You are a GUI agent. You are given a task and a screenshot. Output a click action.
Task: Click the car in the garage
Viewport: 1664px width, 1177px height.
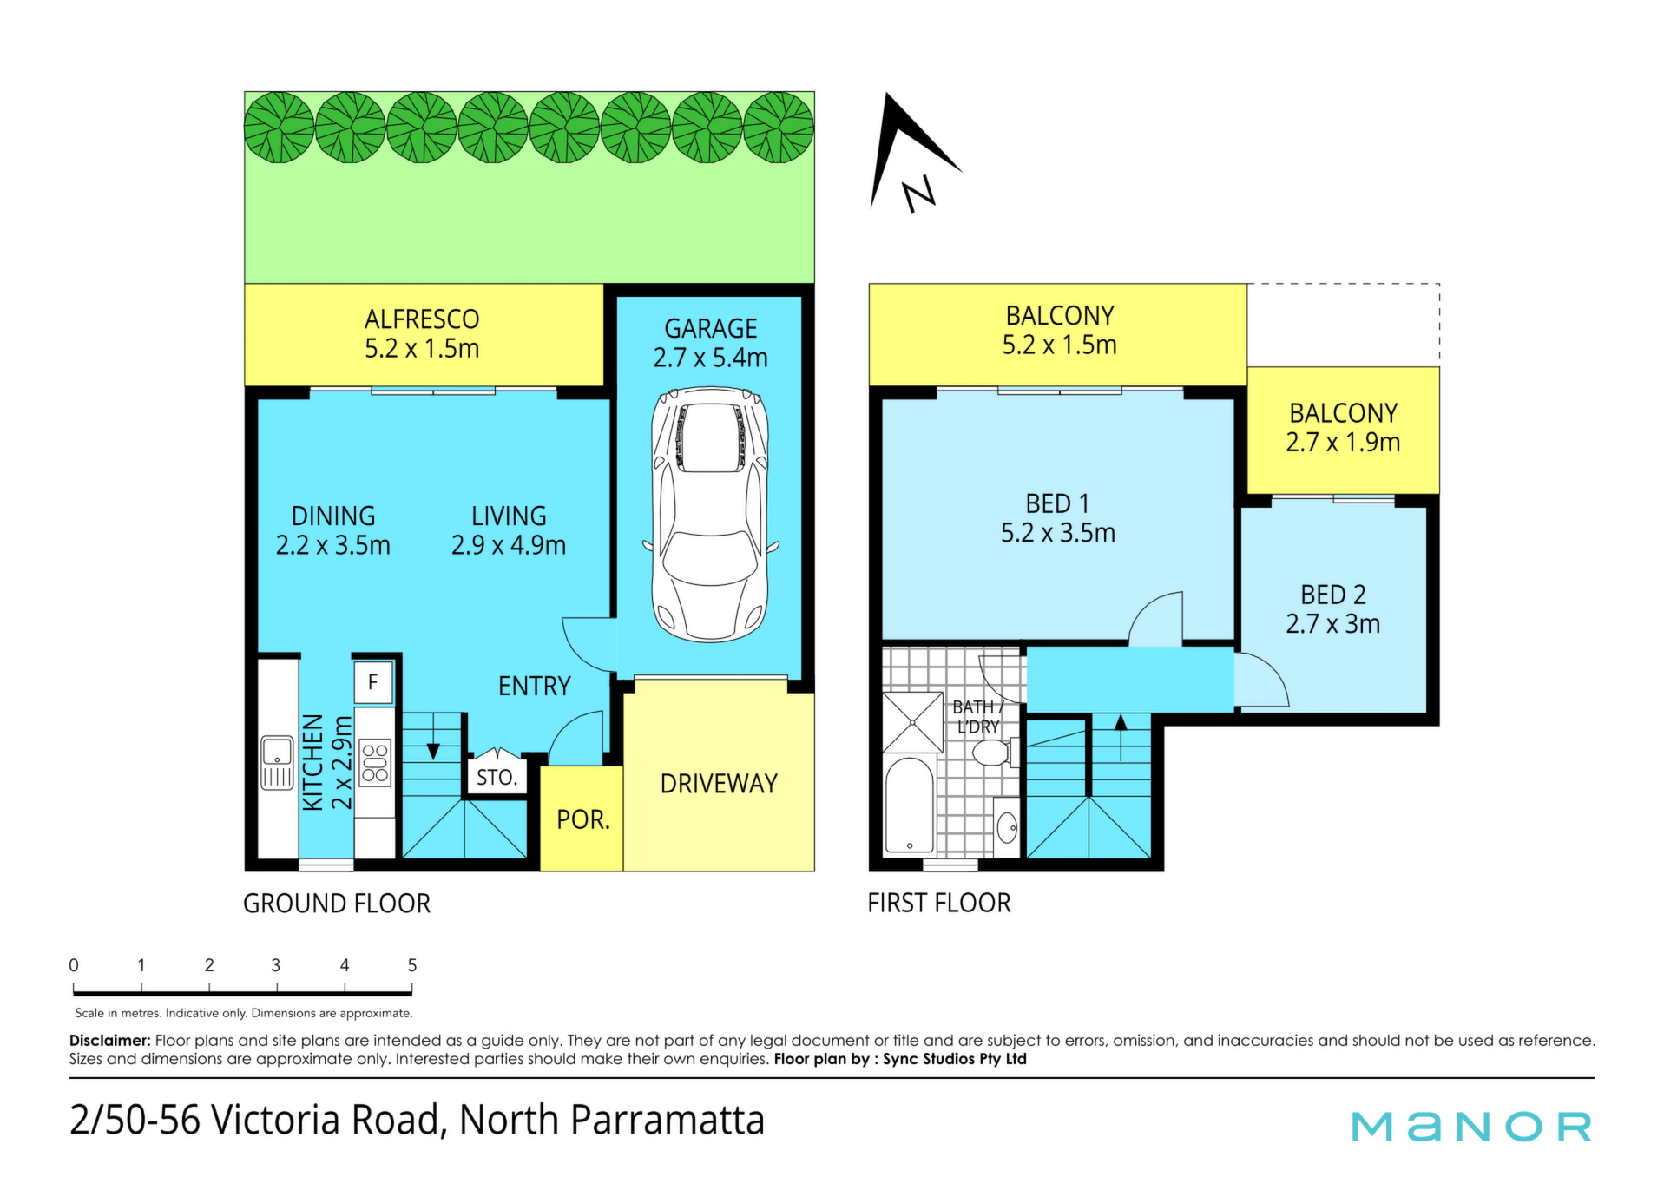(711, 515)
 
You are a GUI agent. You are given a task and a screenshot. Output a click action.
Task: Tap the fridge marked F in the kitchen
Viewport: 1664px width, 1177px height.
(373, 682)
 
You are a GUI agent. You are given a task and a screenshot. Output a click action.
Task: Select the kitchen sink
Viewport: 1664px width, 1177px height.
(278, 763)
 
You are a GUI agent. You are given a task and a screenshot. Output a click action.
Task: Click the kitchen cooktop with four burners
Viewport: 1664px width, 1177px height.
(375, 761)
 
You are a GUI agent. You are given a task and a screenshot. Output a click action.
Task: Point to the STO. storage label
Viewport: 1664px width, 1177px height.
(497, 777)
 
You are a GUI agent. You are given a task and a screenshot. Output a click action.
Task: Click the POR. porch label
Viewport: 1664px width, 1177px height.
(583, 819)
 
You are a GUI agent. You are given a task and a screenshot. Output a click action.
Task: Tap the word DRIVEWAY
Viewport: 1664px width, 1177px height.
(719, 784)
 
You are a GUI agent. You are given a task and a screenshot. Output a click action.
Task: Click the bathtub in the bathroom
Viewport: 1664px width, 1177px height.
(909, 805)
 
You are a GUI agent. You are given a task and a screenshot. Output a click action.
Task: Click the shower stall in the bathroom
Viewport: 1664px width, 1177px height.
(912, 722)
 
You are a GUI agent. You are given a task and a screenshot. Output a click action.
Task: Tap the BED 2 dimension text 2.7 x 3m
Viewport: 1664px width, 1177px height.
(1332, 624)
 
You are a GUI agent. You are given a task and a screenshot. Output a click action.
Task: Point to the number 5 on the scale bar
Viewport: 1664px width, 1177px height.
(412, 965)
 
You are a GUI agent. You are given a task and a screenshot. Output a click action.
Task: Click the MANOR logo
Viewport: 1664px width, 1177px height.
(1471, 1126)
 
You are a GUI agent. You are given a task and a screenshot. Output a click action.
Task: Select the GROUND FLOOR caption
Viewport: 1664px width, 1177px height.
(337, 904)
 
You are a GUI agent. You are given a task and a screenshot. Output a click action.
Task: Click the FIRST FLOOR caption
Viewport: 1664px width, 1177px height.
(939, 903)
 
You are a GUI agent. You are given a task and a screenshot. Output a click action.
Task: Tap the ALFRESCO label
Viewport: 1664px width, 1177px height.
(422, 319)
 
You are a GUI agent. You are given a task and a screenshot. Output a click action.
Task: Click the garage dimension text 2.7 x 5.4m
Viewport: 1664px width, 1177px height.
(711, 358)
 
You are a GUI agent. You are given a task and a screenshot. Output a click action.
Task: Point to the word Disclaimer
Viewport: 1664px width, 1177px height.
(110, 1040)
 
